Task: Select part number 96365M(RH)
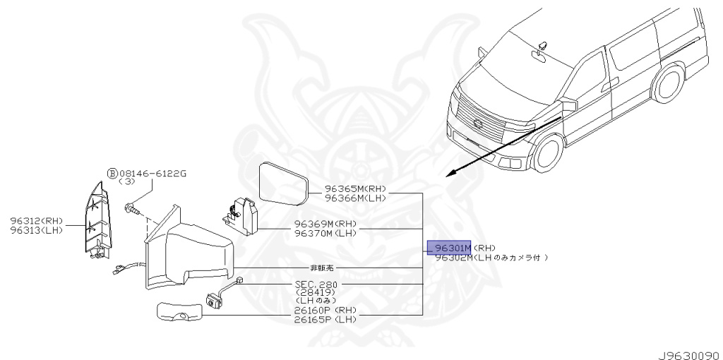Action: (x=356, y=189)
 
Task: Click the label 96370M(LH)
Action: (x=325, y=233)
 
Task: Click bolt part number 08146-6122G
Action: (x=152, y=173)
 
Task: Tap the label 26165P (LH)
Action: (x=325, y=319)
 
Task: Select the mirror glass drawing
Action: (x=285, y=181)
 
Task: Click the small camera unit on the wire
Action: (x=213, y=299)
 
